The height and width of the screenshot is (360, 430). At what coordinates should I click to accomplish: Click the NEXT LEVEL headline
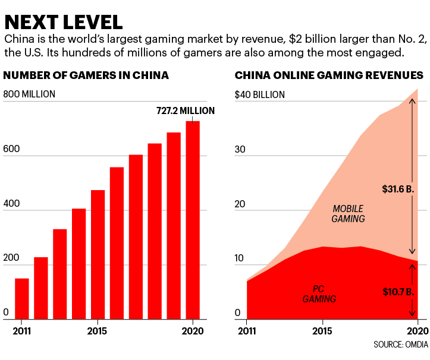click(64, 21)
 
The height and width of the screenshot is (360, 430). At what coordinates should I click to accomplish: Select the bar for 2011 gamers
click(22, 298)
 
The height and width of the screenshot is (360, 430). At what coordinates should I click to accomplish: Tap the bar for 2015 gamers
click(98, 254)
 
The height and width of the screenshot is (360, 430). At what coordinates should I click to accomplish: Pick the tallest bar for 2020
click(193, 220)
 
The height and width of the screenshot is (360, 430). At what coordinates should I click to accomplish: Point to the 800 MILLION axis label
click(30, 94)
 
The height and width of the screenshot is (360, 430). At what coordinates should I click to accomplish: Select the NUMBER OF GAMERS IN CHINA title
click(86, 75)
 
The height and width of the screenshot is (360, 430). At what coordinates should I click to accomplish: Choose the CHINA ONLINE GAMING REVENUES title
click(329, 75)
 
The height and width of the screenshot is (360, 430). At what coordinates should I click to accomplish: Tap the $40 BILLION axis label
click(260, 94)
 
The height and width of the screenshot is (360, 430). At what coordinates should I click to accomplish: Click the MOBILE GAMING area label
click(348, 214)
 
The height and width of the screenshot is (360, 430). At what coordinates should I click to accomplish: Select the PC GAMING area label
click(319, 294)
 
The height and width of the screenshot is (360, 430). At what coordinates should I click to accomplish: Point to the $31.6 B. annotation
click(397, 190)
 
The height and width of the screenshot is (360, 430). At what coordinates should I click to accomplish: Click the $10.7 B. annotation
click(397, 292)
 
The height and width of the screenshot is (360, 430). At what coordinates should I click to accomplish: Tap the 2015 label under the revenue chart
click(322, 331)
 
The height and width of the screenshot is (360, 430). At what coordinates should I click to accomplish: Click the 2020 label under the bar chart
click(193, 331)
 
